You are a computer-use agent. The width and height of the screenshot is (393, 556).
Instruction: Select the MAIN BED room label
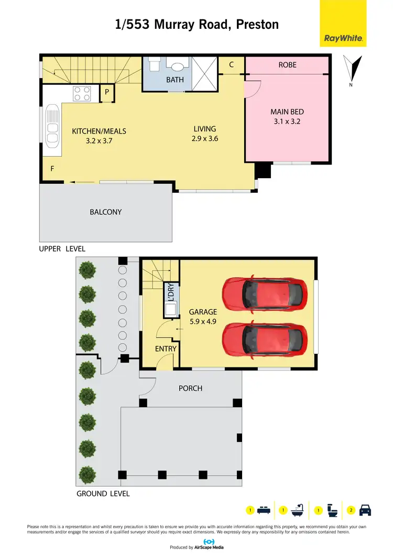tap(287, 112)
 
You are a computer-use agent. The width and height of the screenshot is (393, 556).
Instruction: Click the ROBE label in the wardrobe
tap(287, 65)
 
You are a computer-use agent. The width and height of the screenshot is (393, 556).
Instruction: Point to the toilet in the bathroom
tap(154, 64)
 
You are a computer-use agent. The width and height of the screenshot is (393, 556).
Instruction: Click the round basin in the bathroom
tap(177, 67)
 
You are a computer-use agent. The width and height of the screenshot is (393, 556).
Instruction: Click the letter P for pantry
tap(106, 92)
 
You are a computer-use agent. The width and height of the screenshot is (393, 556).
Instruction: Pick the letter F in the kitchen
tap(52, 169)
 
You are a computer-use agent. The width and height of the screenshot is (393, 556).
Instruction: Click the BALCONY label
tap(105, 212)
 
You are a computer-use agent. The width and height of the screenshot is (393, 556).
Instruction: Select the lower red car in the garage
tap(264, 340)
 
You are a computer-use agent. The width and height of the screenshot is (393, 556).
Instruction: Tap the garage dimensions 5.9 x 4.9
tap(202, 321)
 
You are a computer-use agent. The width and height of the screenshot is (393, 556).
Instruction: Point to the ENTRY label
tap(166, 348)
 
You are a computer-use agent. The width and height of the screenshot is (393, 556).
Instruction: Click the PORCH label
tap(190, 388)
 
